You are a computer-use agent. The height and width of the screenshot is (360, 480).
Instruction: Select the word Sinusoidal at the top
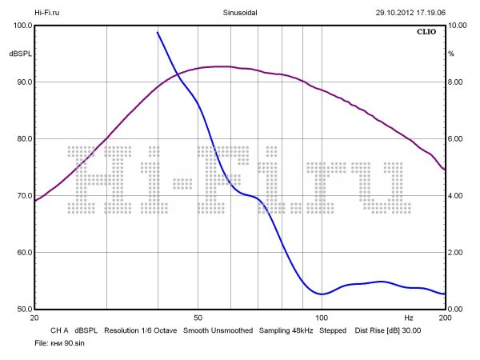tap(239, 13)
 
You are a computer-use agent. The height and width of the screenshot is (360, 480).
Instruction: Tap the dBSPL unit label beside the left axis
tap(19, 54)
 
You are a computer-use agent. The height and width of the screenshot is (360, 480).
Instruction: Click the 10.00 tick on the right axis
tap(457, 26)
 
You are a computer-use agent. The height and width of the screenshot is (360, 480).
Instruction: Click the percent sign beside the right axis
tap(451, 54)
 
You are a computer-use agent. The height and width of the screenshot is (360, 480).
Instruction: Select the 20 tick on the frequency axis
tap(34, 318)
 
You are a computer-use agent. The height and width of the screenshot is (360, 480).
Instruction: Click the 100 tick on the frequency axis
tap(322, 318)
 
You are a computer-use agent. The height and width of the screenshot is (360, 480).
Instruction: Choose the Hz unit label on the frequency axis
tap(409, 318)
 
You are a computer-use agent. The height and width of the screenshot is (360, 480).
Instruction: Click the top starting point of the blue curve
tap(158, 33)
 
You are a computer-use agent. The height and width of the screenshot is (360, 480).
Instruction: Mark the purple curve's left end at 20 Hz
tap(34, 200)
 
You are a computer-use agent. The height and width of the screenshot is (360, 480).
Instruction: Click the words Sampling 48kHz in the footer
tap(286, 330)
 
